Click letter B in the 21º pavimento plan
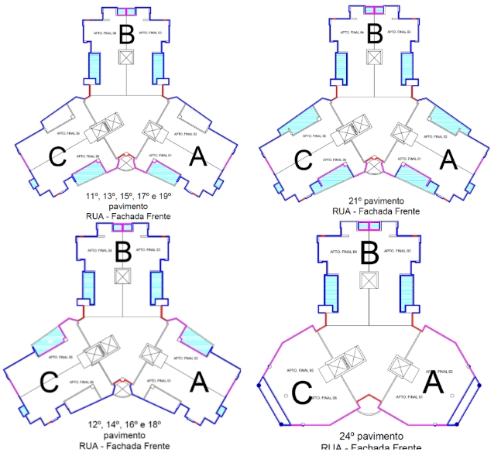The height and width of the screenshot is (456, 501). click(x=375, y=34)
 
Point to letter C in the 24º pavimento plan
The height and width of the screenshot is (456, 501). click(x=301, y=393)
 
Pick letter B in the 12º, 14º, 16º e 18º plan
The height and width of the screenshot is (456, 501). click(x=124, y=252)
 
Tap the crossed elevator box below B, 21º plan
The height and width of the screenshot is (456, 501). click(x=374, y=57)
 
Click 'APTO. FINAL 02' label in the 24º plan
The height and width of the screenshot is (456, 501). click(x=438, y=372)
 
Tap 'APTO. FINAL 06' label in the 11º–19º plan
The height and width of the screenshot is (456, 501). click(x=88, y=156)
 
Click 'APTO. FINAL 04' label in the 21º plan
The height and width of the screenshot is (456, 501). click(x=352, y=33)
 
